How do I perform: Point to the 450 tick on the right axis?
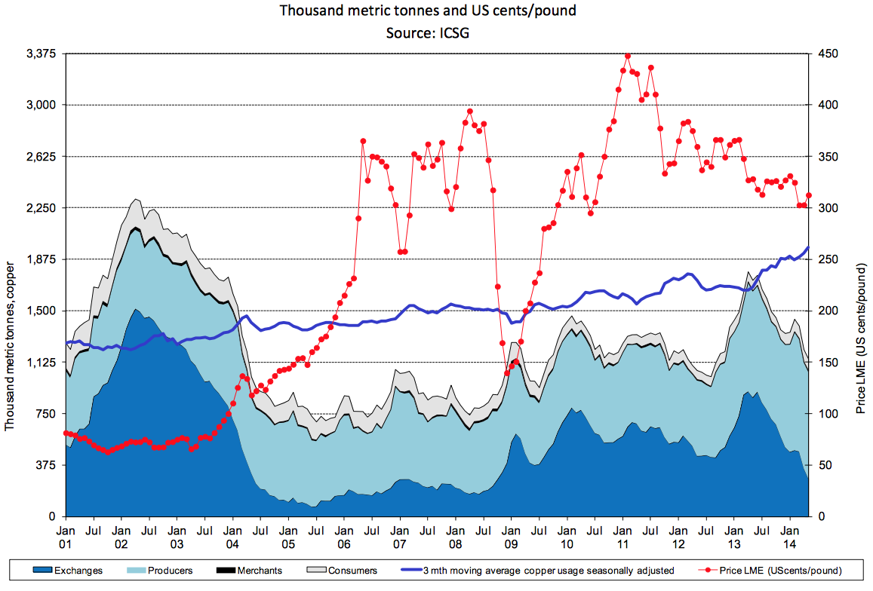point(828,54)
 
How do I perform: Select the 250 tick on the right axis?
point(828,259)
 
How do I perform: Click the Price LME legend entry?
point(781,571)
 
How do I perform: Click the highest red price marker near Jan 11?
point(628,56)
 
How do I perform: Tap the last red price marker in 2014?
point(809,195)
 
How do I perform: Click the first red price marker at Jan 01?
point(66,433)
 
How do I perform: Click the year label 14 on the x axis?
point(789,544)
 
